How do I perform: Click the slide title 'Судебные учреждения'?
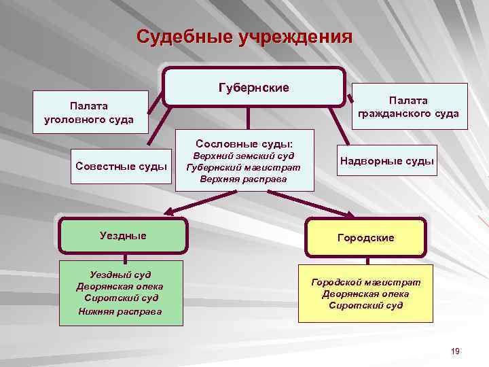tap(244, 37)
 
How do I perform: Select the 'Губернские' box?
tap(253, 88)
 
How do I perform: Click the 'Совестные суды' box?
tap(122, 165)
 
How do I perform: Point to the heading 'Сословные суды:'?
tap(244, 143)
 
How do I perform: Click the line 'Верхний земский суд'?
tap(244, 156)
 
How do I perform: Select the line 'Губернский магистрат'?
tap(244, 168)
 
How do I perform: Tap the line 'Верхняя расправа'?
tap(244, 179)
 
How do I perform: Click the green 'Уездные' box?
tap(123, 235)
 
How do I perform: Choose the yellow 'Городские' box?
tap(366, 238)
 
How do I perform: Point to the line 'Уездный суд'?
tap(120, 275)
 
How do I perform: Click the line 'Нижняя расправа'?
tap(120, 311)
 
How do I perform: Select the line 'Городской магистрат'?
tap(366, 281)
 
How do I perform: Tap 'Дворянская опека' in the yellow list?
tap(366, 294)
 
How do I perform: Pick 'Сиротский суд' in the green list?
tap(120, 298)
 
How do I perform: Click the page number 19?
tap(455, 351)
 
